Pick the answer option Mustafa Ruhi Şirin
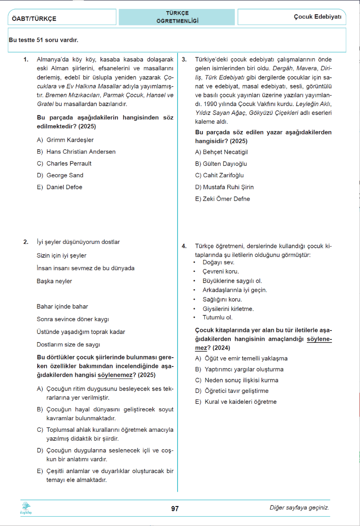pyautogui.click(x=224, y=187)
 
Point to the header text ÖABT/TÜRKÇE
pyautogui.click(x=34, y=19)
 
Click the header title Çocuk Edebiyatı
pyautogui.click(x=317, y=17)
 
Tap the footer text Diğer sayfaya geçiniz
pyautogui.click(x=299, y=508)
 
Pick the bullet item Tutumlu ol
pyautogui.click(x=217, y=318)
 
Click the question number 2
pyautogui.click(x=26, y=242)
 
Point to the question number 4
pyautogui.click(x=184, y=246)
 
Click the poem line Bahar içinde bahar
pyautogui.click(x=62, y=307)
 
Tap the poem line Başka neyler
pyautogui.click(x=54, y=281)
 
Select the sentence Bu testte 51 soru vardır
pyautogui.click(x=44, y=40)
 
